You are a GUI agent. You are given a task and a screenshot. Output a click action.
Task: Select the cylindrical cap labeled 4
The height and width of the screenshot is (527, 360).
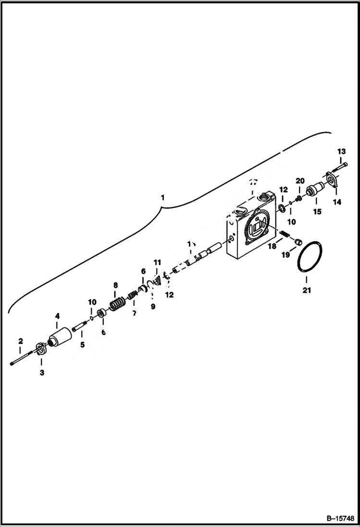click(60, 334)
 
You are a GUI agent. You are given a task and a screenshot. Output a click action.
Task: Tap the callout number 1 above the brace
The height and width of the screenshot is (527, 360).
click(163, 197)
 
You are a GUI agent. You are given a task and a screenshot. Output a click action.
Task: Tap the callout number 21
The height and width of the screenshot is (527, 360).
click(307, 290)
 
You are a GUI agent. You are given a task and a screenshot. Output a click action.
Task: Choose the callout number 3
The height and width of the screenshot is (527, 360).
click(41, 373)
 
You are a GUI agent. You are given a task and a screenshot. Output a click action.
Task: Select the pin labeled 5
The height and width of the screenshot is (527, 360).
click(78, 328)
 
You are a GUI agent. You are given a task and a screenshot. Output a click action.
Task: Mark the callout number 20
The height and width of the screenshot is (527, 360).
click(300, 181)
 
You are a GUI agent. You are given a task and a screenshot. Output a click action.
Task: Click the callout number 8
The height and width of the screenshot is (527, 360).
click(115, 285)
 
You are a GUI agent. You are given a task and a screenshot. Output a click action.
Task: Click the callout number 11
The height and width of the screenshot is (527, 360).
click(157, 262)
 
